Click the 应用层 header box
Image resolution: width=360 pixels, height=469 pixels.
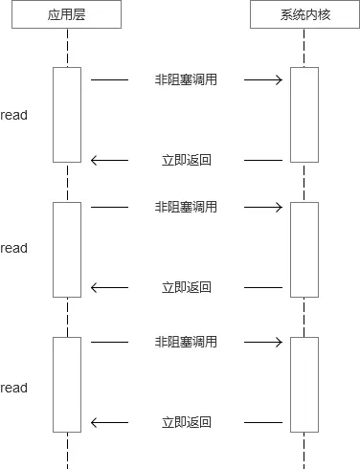(67, 14)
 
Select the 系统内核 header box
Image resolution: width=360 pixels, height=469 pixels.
(304, 14)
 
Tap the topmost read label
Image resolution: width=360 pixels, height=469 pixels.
(14, 115)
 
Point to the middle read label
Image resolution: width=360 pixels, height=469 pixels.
(14, 248)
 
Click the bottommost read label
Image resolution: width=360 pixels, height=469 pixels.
(14, 388)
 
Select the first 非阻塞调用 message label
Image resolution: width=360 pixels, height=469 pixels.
(186, 79)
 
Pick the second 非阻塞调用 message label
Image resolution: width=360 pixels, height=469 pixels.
(186, 207)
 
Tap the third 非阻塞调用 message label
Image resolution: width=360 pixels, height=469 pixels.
(186, 342)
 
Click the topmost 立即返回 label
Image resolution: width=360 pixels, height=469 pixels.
(186, 160)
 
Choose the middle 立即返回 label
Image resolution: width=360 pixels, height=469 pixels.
(186, 287)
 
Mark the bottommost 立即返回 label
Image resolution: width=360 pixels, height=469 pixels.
(186, 422)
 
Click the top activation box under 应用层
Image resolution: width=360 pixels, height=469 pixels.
(67, 115)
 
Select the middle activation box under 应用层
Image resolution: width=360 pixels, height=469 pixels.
(67, 249)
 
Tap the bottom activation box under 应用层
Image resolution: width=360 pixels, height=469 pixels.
(67, 384)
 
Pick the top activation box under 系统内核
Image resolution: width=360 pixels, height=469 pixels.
(304, 115)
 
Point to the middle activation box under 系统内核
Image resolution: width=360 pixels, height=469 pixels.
(304, 249)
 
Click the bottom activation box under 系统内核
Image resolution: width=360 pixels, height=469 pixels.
(304, 384)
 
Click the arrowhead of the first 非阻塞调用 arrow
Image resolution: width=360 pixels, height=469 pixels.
(279, 79)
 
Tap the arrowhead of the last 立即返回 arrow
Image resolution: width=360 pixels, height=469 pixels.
(95, 422)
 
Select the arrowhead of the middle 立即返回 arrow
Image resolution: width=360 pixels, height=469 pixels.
(95, 287)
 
